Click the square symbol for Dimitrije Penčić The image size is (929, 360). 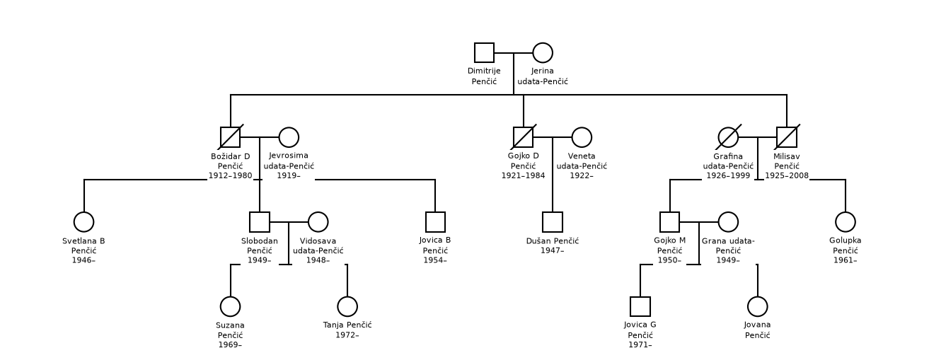[484, 52]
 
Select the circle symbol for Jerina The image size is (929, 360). [543, 52]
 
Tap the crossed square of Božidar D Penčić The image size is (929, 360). [230, 137]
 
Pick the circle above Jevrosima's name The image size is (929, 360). [289, 137]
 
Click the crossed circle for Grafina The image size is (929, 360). [728, 137]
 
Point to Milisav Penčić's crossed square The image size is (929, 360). [787, 137]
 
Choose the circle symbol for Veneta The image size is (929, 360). [582, 137]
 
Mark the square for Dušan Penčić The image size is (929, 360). [553, 222]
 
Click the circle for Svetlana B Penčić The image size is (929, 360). [83, 222]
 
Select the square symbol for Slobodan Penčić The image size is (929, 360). [260, 222]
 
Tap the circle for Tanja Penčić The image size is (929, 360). [347, 306]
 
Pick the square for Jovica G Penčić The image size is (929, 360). [640, 306]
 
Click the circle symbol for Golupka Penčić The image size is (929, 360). [846, 222]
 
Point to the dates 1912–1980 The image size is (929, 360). [230, 175]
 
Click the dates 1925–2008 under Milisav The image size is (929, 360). [787, 175]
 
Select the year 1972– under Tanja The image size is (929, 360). [347, 335]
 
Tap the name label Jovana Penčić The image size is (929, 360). [757, 330]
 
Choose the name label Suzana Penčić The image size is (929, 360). [230, 330]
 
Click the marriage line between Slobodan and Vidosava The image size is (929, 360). [289, 222]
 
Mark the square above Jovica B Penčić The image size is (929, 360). [435, 222]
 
